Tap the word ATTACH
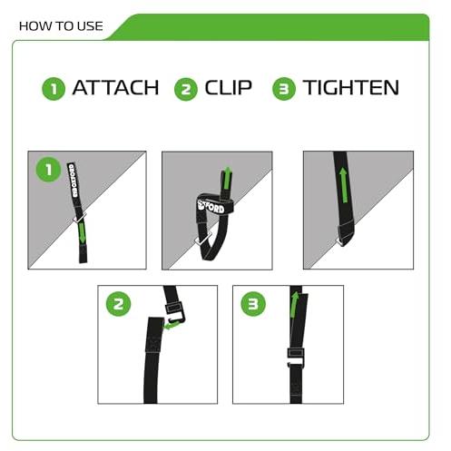click(x=115, y=88)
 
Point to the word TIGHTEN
click(x=350, y=88)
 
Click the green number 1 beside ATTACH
click(x=54, y=88)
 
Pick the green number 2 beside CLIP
click(x=188, y=88)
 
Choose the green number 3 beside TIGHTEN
click(x=285, y=88)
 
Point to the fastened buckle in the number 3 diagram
click(x=297, y=357)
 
